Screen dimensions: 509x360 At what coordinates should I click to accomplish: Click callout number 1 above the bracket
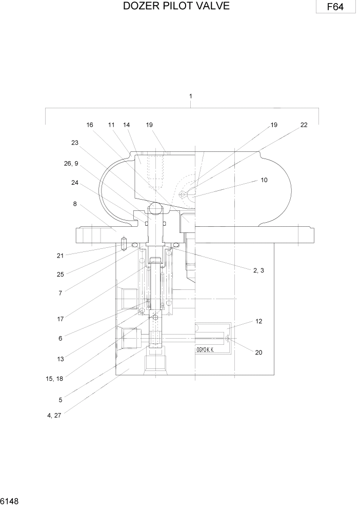[x=191, y=96]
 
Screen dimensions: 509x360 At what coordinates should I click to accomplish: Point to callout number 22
[x=304, y=125]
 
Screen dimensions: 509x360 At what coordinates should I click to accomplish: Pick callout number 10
[x=264, y=180]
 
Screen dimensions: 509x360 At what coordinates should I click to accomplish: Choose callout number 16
[x=90, y=125]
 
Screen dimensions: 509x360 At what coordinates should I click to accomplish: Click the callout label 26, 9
[x=71, y=164]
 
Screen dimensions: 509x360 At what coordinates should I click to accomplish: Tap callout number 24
[x=75, y=182]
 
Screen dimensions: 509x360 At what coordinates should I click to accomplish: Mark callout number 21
[x=60, y=255]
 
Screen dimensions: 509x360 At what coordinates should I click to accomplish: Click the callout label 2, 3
[x=258, y=270]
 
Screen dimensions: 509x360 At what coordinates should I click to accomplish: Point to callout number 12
[x=259, y=321]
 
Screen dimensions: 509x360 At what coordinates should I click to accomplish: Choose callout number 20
[x=258, y=353]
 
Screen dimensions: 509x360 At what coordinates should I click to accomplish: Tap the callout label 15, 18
[x=54, y=378]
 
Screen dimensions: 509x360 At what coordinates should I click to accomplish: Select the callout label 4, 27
[x=54, y=416]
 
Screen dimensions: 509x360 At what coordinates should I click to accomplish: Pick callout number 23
[x=75, y=143]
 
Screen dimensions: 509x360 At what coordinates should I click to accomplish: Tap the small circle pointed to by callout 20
[x=228, y=338]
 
